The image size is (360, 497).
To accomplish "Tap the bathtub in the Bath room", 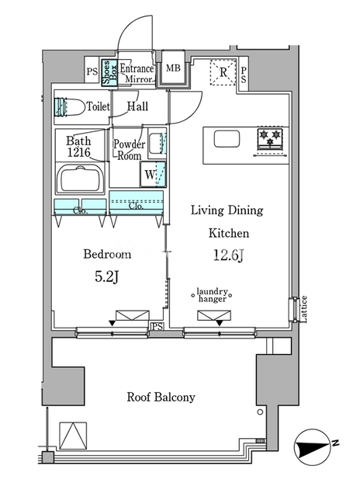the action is click(x=80, y=179).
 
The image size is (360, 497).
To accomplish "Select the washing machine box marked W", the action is click(x=154, y=174).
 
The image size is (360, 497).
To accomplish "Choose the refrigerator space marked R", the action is click(x=223, y=72).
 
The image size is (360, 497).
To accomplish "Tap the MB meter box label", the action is click(x=173, y=68).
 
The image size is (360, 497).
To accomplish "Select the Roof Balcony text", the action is click(x=161, y=397).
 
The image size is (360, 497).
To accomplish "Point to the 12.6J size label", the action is click(x=228, y=255).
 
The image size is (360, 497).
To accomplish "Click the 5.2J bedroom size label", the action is click(x=107, y=277).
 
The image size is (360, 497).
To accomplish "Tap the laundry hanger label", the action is click(x=212, y=295).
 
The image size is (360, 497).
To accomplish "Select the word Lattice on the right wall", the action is click(x=303, y=309).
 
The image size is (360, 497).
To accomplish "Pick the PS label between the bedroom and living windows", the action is click(x=157, y=326).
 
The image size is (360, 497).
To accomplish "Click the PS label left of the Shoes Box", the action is click(x=92, y=71).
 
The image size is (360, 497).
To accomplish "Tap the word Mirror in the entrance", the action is click(x=139, y=79).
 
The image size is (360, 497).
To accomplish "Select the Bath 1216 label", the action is click(x=78, y=147).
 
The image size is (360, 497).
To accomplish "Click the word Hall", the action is click(x=138, y=106).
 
